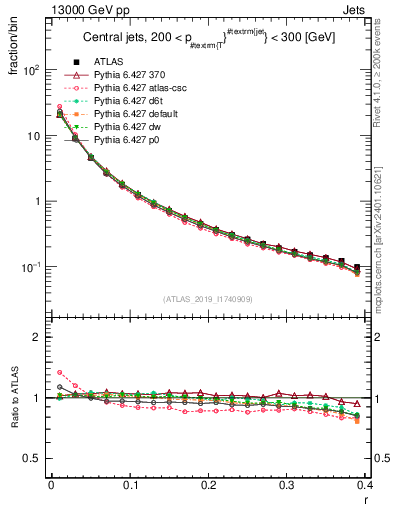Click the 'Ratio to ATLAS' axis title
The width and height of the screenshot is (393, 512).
15,397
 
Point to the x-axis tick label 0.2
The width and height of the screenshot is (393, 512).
208,485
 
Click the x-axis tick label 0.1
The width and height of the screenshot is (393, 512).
130,485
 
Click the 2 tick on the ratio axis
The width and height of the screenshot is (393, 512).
37,337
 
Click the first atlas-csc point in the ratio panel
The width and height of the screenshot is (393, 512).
60,373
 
